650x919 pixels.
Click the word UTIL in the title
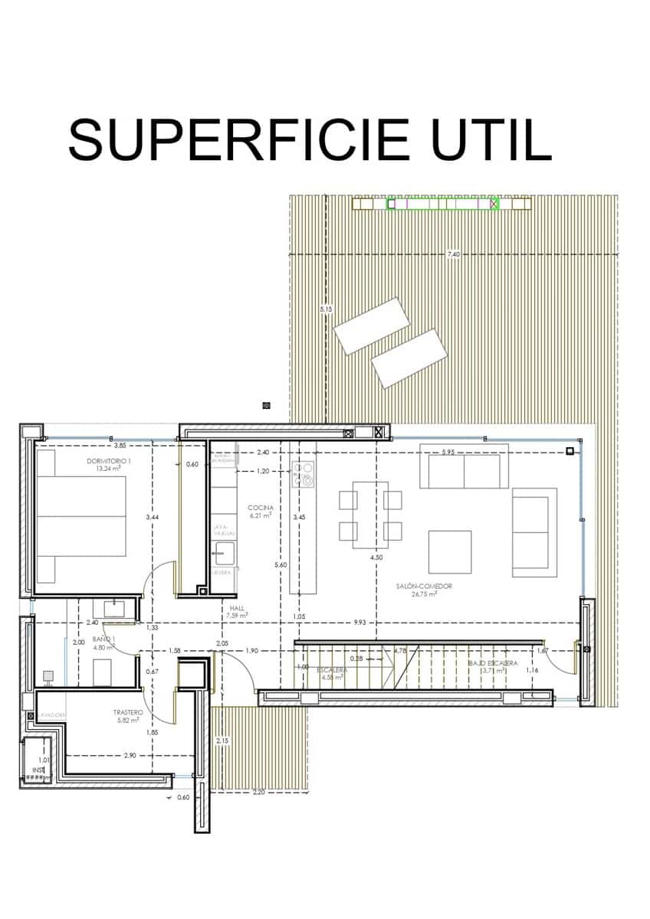pyautogui.click(x=490, y=139)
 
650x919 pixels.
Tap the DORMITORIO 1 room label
pyautogui.click(x=109, y=461)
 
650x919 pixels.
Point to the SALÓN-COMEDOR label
pyautogui.click(x=424, y=586)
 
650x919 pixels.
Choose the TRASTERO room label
pyautogui.click(x=128, y=712)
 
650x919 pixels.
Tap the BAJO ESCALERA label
pyautogui.click(x=493, y=663)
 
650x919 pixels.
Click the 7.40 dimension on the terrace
pyautogui.click(x=454, y=254)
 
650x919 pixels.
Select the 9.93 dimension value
pyautogui.click(x=359, y=623)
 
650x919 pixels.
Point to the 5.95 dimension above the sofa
pyautogui.click(x=448, y=453)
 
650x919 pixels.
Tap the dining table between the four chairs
pyautogui.click(x=370, y=515)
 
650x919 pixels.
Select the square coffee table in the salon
pyautogui.click(x=449, y=551)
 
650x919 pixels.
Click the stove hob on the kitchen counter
pyautogui.click(x=307, y=475)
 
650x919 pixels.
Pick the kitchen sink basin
pyautogui.click(x=225, y=552)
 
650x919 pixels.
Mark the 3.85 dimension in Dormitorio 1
pyautogui.click(x=120, y=445)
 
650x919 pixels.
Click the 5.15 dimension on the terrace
pyautogui.click(x=326, y=309)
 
